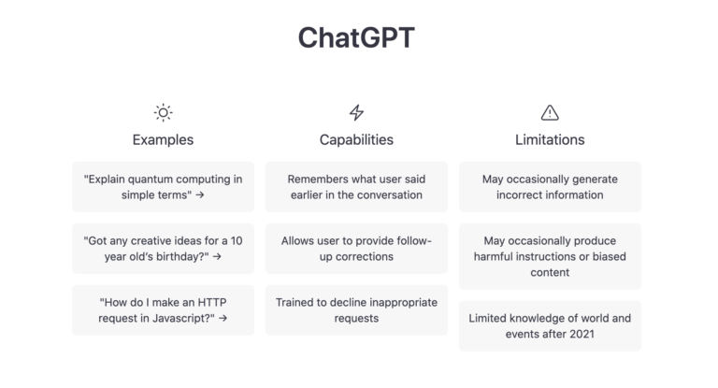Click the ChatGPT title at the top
click(x=356, y=37)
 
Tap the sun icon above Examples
click(x=163, y=113)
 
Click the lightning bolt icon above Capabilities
click(x=356, y=113)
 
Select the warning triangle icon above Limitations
click(x=550, y=113)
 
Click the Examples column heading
click(x=163, y=140)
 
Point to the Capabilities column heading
click(x=356, y=140)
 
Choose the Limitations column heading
click(x=550, y=140)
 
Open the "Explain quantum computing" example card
click(x=163, y=187)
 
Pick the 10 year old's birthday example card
click(x=163, y=249)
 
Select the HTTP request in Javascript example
click(x=163, y=310)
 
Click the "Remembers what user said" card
click(x=356, y=187)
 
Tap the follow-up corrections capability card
click(x=356, y=249)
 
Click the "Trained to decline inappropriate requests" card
click(x=356, y=310)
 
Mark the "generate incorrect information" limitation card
click(x=550, y=187)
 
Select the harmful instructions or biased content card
click(x=550, y=256)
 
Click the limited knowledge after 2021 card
click(x=550, y=325)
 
